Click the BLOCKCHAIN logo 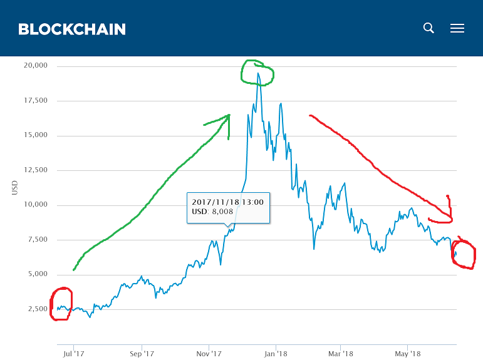(72, 29)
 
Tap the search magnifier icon (428, 28)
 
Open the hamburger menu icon (457, 28)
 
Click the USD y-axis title (14, 188)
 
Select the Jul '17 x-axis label (74, 354)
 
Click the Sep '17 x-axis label (142, 354)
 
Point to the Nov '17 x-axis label (208, 354)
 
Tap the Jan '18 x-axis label (275, 354)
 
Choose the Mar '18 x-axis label (340, 354)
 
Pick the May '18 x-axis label (407, 354)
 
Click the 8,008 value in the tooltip (222, 212)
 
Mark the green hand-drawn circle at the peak (257, 73)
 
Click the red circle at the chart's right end (463, 254)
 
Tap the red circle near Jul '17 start (62, 304)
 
